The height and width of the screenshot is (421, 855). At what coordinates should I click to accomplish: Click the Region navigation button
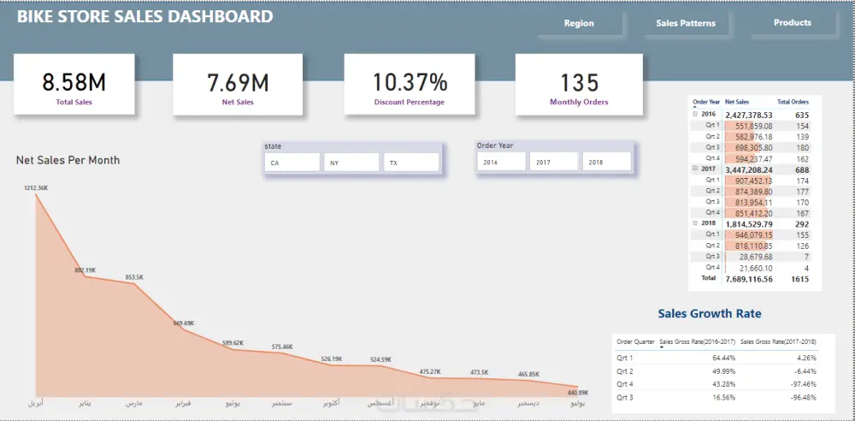click(579, 23)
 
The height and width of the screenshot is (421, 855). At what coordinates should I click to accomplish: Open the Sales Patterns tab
click(686, 23)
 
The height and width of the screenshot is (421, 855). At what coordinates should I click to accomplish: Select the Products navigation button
click(792, 23)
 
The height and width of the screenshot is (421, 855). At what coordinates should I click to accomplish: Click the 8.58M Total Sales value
click(74, 82)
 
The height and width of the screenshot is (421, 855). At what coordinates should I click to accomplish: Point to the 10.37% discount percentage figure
click(409, 82)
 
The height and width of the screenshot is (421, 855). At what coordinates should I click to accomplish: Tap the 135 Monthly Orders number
click(579, 82)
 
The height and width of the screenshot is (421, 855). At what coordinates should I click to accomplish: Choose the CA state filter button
click(292, 163)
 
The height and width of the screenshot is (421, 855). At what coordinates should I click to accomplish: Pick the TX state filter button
click(411, 163)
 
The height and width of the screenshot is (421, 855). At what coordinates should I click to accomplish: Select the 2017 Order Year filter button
click(554, 162)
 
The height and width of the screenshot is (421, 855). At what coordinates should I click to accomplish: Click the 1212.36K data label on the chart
click(36, 187)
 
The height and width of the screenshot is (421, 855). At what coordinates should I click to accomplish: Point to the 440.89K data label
click(576, 393)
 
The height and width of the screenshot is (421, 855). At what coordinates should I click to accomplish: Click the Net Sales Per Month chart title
click(68, 160)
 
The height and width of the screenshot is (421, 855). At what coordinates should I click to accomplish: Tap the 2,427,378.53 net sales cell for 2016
click(748, 114)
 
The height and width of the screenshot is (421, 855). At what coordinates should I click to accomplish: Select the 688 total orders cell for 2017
click(801, 169)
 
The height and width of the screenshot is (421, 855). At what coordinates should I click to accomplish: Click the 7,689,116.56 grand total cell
click(748, 278)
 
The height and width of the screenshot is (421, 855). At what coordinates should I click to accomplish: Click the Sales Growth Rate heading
click(709, 314)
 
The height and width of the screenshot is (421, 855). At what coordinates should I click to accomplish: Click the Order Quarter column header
click(635, 341)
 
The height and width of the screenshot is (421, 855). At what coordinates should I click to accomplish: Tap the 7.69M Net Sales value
click(238, 82)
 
